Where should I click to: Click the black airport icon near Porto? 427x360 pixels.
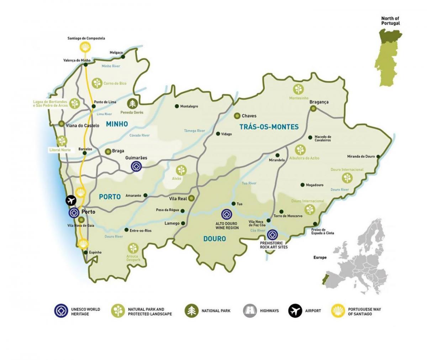[x=71, y=200]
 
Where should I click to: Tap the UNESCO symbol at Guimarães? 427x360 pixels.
[x=136, y=166]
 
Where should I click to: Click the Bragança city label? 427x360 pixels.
[x=319, y=102]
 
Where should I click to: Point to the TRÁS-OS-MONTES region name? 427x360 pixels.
[x=269, y=127]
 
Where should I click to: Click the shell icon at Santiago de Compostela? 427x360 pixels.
[x=85, y=47]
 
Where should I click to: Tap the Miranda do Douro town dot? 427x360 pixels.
[x=378, y=156]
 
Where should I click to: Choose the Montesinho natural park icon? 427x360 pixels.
[x=299, y=89]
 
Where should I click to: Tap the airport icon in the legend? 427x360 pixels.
[x=295, y=311]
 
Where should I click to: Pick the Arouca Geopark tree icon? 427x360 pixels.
[x=133, y=248]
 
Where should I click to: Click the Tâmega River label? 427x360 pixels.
[x=194, y=131]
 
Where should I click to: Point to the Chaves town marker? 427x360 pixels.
[x=237, y=116]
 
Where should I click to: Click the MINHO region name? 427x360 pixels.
[x=116, y=124]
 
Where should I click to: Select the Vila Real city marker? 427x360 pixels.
[x=191, y=198]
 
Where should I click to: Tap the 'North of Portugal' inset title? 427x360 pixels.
[x=390, y=21]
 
